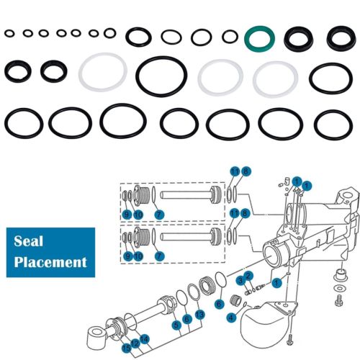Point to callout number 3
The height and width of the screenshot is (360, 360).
(x=240, y=280)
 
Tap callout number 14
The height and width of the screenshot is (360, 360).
(x=145, y=338)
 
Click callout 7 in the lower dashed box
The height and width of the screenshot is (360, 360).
(x=160, y=258)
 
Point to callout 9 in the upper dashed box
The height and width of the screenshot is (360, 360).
(x=126, y=215)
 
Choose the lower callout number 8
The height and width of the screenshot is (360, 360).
(x=246, y=212)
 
